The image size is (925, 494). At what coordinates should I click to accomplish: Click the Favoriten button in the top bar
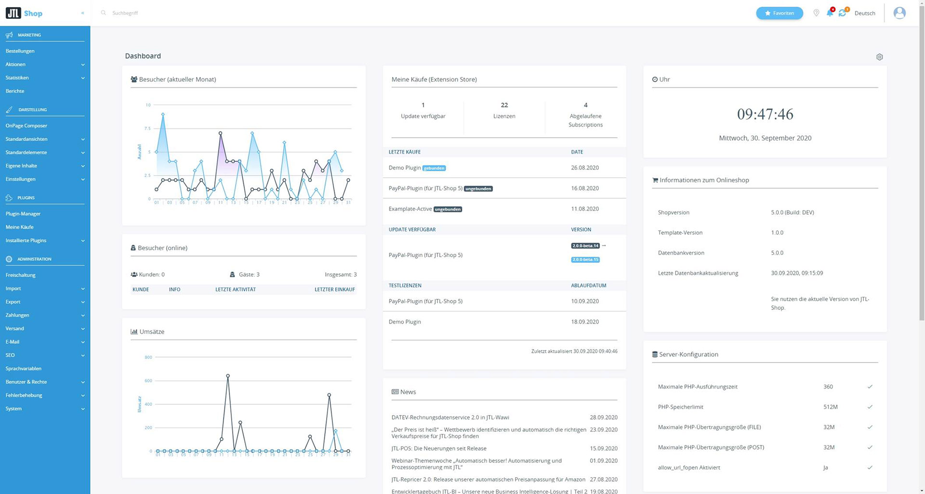coord(779,13)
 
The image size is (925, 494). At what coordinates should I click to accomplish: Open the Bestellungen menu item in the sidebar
coord(20,51)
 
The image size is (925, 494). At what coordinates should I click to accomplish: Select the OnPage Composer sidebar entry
coord(26,126)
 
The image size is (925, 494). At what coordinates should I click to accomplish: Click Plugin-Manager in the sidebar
coord(23,214)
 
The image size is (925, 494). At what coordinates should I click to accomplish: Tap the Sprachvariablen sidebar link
coord(24,369)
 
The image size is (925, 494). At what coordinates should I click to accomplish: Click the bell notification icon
coord(830,13)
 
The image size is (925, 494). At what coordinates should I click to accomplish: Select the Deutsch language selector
coord(864,13)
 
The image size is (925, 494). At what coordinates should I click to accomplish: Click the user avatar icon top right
coord(899,13)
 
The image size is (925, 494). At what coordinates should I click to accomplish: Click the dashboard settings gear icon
coord(879,57)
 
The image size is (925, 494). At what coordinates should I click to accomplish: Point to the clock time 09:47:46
coord(765,114)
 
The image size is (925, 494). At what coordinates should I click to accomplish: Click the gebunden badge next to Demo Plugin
coord(434,168)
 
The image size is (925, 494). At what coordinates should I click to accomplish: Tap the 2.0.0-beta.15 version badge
coord(585,260)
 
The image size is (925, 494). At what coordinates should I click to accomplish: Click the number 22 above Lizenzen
coord(504,105)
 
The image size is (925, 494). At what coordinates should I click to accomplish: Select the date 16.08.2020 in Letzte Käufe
coord(584,188)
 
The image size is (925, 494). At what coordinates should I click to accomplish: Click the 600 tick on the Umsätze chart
coord(148,381)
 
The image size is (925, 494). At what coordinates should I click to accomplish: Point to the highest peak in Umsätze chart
coord(228,376)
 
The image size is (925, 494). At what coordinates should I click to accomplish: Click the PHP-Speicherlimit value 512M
coord(830,407)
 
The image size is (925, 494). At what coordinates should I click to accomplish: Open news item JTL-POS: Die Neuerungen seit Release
coord(438,448)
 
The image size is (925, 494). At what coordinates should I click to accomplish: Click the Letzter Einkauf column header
coord(334,289)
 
